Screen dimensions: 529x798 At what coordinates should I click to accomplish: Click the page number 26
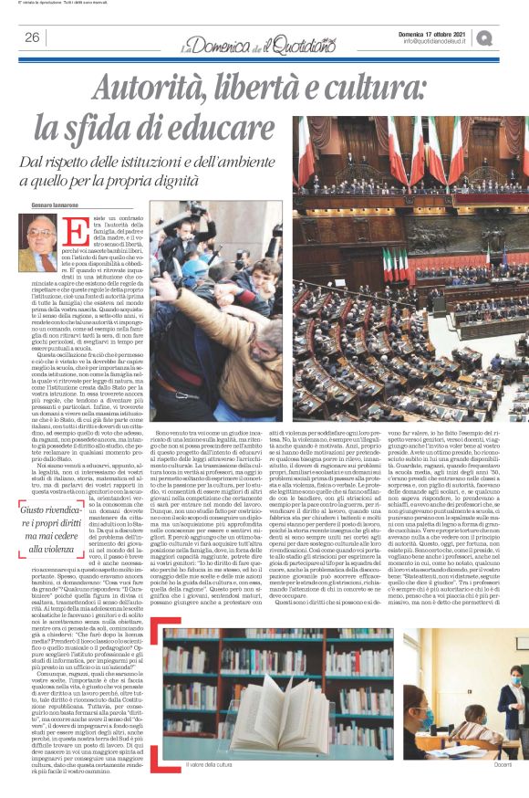(32, 37)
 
